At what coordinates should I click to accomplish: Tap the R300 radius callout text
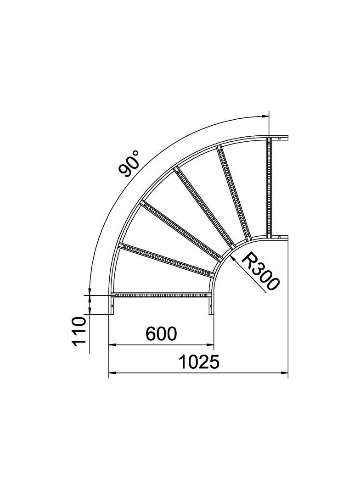click(x=260, y=272)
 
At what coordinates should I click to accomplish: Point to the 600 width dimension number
click(x=161, y=333)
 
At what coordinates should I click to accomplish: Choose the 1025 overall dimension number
click(x=198, y=363)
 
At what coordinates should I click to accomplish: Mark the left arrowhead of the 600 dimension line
click(x=112, y=344)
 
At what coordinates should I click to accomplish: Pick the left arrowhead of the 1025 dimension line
click(x=112, y=373)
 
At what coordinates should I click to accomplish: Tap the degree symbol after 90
click(x=136, y=153)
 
